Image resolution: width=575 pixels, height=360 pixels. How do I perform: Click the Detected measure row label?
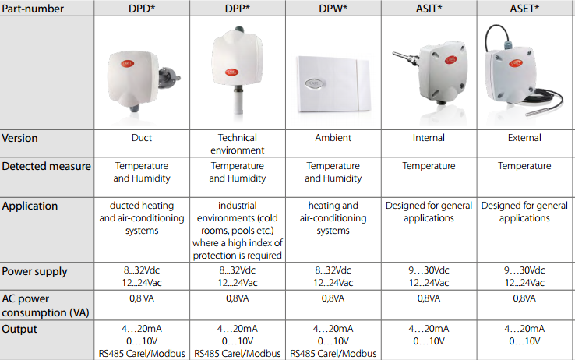click(46, 166)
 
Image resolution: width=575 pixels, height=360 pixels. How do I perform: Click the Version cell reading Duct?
click(142, 138)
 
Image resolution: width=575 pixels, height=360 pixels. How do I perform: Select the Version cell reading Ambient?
click(333, 138)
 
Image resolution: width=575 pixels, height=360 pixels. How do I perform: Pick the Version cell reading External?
click(524, 138)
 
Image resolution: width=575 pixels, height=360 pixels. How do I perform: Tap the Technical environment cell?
click(238, 143)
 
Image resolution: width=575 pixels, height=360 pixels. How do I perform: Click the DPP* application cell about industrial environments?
click(238, 230)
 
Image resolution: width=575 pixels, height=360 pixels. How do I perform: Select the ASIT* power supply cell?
click(429, 277)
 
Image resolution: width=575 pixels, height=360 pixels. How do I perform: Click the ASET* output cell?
click(524, 335)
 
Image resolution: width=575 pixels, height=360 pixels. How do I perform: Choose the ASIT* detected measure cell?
click(429, 166)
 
